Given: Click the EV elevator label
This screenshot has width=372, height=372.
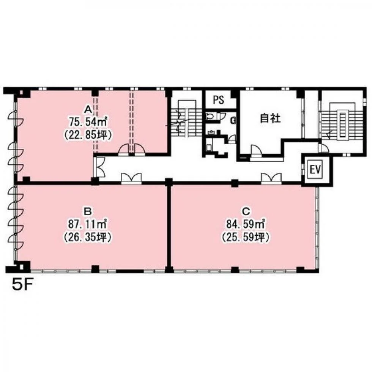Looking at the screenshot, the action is [315, 170].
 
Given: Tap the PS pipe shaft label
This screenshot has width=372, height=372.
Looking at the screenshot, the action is [219, 100].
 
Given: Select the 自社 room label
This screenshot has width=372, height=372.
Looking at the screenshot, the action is [270, 118].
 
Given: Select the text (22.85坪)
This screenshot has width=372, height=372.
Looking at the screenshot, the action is [88, 135].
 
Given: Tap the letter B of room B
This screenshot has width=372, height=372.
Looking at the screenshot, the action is [88, 211].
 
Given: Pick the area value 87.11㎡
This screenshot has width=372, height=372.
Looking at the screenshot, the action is [88, 224].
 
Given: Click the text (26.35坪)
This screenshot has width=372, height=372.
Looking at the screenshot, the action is [88, 237].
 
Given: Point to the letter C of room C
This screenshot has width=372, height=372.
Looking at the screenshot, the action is [246, 211].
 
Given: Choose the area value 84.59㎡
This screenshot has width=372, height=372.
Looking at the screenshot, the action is [246, 224].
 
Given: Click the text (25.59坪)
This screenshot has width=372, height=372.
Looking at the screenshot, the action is [246, 237].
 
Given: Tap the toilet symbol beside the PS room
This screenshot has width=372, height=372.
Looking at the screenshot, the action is [210, 116].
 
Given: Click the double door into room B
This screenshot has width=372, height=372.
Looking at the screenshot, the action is [131, 178].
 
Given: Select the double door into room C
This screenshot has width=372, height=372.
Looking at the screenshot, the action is [271, 178].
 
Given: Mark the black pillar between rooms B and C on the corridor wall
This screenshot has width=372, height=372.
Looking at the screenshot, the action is [169, 182].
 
